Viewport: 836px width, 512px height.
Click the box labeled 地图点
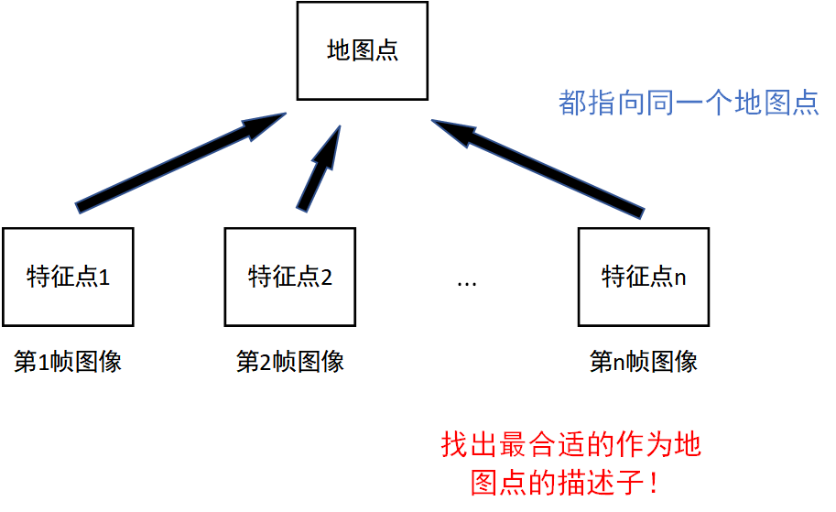tap(362, 50)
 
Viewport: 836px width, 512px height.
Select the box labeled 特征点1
tap(68, 277)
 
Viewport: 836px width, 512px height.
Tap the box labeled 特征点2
tap(290, 277)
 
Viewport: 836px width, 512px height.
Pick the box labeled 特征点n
tap(644, 277)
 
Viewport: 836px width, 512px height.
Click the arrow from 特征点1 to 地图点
tap(174, 164)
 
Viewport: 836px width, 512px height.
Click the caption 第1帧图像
tap(68, 362)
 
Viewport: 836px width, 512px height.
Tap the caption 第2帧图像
tap(290, 362)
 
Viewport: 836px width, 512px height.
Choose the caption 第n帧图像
tap(644, 362)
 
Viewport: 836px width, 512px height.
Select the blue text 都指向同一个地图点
tap(689, 103)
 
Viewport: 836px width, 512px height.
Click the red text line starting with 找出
tap(570, 446)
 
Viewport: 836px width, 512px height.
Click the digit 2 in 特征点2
tap(327, 278)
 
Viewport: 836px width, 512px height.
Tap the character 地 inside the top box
tap(338, 50)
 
